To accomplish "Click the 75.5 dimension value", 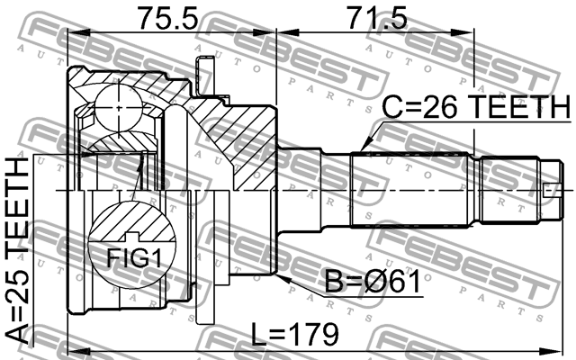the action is click(167, 18).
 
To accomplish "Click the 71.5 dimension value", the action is click(378, 18).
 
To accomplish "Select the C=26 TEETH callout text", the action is click(477, 107).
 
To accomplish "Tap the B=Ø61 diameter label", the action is click(373, 282).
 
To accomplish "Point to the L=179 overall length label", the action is click(294, 334).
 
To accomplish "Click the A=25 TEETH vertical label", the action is click(17, 251).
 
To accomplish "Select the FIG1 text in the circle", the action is click(134, 258).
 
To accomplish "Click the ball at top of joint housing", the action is click(118, 108).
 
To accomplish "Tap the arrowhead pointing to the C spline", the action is click(365, 145).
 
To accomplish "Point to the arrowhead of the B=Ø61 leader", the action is click(283, 278).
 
